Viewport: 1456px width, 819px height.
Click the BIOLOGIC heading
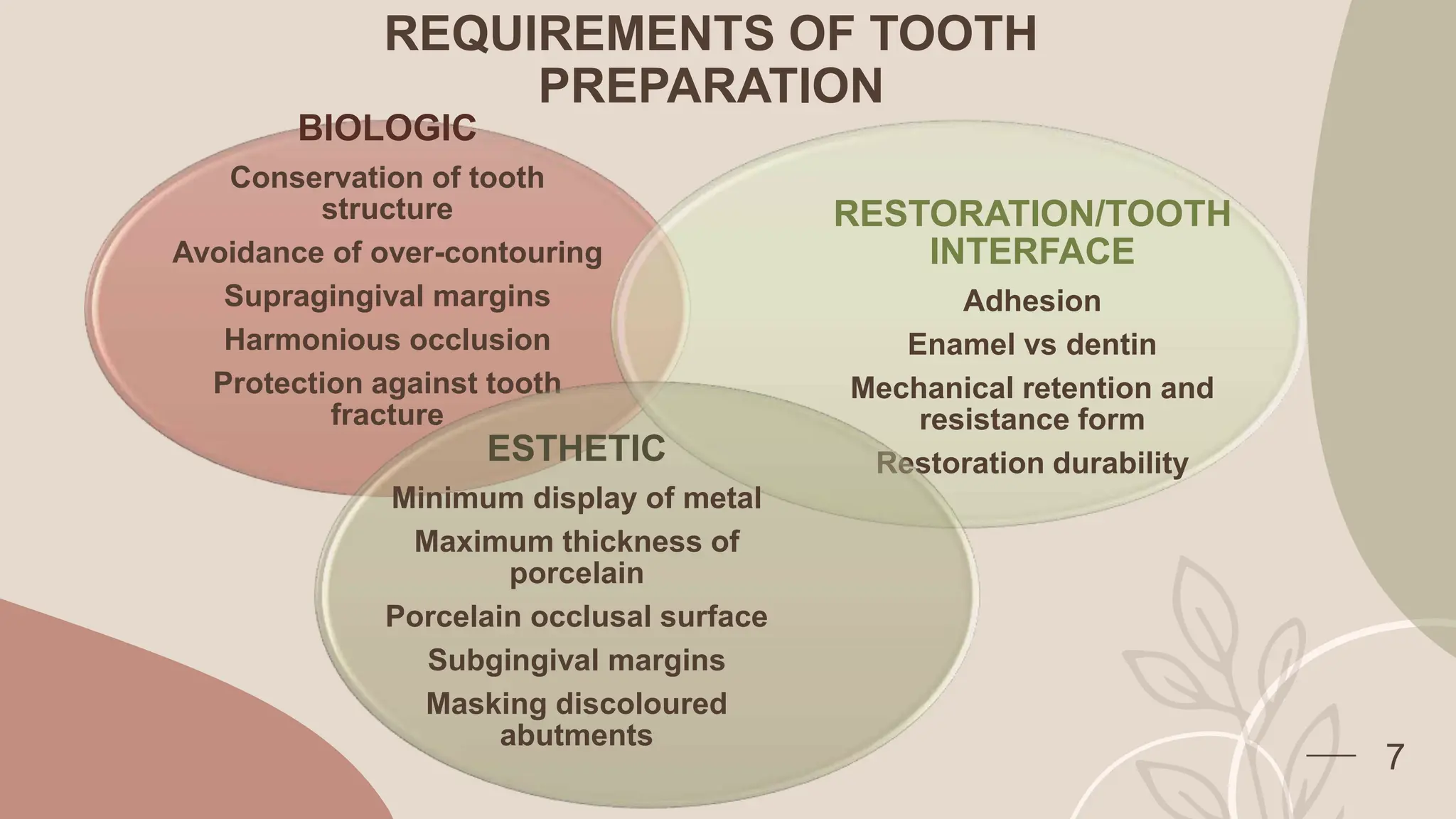click(x=387, y=129)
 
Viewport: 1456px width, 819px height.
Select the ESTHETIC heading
click(x=576, y=449)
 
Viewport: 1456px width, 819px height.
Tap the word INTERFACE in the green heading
click(x=1032, y=252)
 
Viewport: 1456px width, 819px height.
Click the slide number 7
click(x=1395, y=757)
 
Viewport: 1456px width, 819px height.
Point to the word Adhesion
click(x=1032, y=301)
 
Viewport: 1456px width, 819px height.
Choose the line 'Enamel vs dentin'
click(x=1032, y=345)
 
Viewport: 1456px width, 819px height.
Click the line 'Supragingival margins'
click(x=387, y=296)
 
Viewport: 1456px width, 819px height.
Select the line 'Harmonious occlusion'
click(x=387, y=340)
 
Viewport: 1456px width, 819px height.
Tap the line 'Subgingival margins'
click(x=576, y=660)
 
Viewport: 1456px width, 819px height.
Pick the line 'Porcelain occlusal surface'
click(x=576, y=616)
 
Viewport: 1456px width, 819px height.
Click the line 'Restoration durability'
click(x=1032, y=464)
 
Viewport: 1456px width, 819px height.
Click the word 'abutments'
click(x=576, y=735)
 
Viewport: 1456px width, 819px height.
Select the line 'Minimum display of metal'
click(x=576, y=498)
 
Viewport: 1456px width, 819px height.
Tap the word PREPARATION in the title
click(x=711, y=86)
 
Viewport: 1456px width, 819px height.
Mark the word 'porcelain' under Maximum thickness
click(x=576, y=573)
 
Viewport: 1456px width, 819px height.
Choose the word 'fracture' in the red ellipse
click(x=387, y=414)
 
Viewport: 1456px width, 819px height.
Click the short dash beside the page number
click(x=1331, y=756)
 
